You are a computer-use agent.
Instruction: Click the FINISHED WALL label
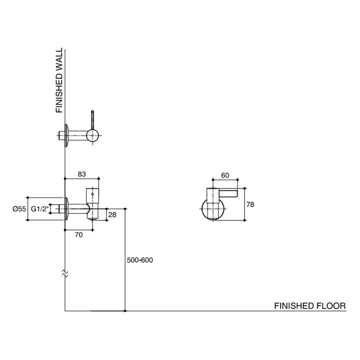tap(59, 81)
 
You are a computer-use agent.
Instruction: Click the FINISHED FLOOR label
tap(310, 306)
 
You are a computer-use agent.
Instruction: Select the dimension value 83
tap(82, 174)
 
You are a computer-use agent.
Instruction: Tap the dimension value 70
tap(79, 235)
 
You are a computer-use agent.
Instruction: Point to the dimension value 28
tap(112, 215)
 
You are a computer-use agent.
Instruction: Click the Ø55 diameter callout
tap(19, 209)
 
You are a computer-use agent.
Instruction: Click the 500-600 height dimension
tap(140, 260)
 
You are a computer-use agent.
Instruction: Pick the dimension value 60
tap(225, 175)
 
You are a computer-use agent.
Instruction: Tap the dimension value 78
tap(250, 204)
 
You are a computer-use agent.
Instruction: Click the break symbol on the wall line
tap(65, 273)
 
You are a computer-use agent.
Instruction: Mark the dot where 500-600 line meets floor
tap(125, 311)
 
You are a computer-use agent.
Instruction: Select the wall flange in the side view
tap(66, 209)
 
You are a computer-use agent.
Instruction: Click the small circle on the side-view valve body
tap(93, 194)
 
